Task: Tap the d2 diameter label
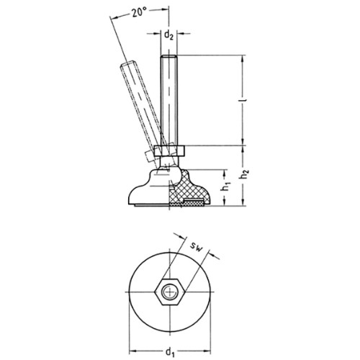tap(168, 35)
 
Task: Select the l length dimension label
tap(244, 99)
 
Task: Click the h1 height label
tap(225, 187)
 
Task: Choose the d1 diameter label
tap(170, 352)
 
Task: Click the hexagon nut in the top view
tap(170, 292)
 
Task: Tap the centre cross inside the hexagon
tap(170, 292)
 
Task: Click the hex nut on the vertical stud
tap(170, 151)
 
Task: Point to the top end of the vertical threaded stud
tap(168, 56)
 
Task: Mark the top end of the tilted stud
tap(127, 64)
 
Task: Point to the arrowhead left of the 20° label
tap(114, 17)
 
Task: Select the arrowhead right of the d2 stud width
tap(181, 34)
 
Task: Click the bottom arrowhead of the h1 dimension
tap(225, 202)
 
